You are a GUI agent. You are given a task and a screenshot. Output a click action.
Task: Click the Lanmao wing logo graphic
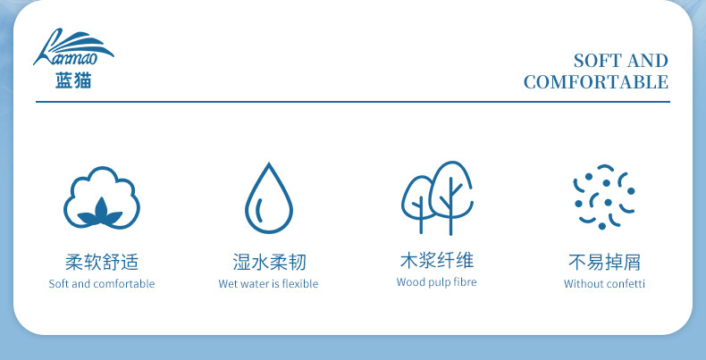tap(73, 46)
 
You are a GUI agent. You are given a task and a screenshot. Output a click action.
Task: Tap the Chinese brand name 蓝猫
tap(73, 80)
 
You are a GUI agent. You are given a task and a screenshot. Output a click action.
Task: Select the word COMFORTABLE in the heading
tap(596, 82)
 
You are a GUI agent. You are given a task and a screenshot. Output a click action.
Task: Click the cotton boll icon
tap(102, 197)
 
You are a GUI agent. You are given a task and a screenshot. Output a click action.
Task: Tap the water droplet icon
tap(269, 198)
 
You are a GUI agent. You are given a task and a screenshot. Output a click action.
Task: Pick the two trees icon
tap(437, 198)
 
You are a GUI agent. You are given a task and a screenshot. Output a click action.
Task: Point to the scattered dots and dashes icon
tap(604, 197)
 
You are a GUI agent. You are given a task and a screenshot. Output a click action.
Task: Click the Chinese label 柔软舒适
tap(102, 262)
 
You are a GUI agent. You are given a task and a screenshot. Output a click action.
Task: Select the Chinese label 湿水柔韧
tap(269, 262)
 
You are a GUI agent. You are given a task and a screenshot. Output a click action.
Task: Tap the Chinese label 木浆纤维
tap(437, 260)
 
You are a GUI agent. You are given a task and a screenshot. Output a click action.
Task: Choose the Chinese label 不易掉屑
tap(604, 262)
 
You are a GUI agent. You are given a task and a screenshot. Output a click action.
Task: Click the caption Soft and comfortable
tap(102, 284)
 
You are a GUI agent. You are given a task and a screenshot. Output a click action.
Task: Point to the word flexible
tap(300, 284)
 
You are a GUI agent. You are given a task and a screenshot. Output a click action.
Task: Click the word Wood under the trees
tap(408, 282)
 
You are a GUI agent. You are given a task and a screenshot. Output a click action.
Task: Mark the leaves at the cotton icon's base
tap(100, 213)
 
